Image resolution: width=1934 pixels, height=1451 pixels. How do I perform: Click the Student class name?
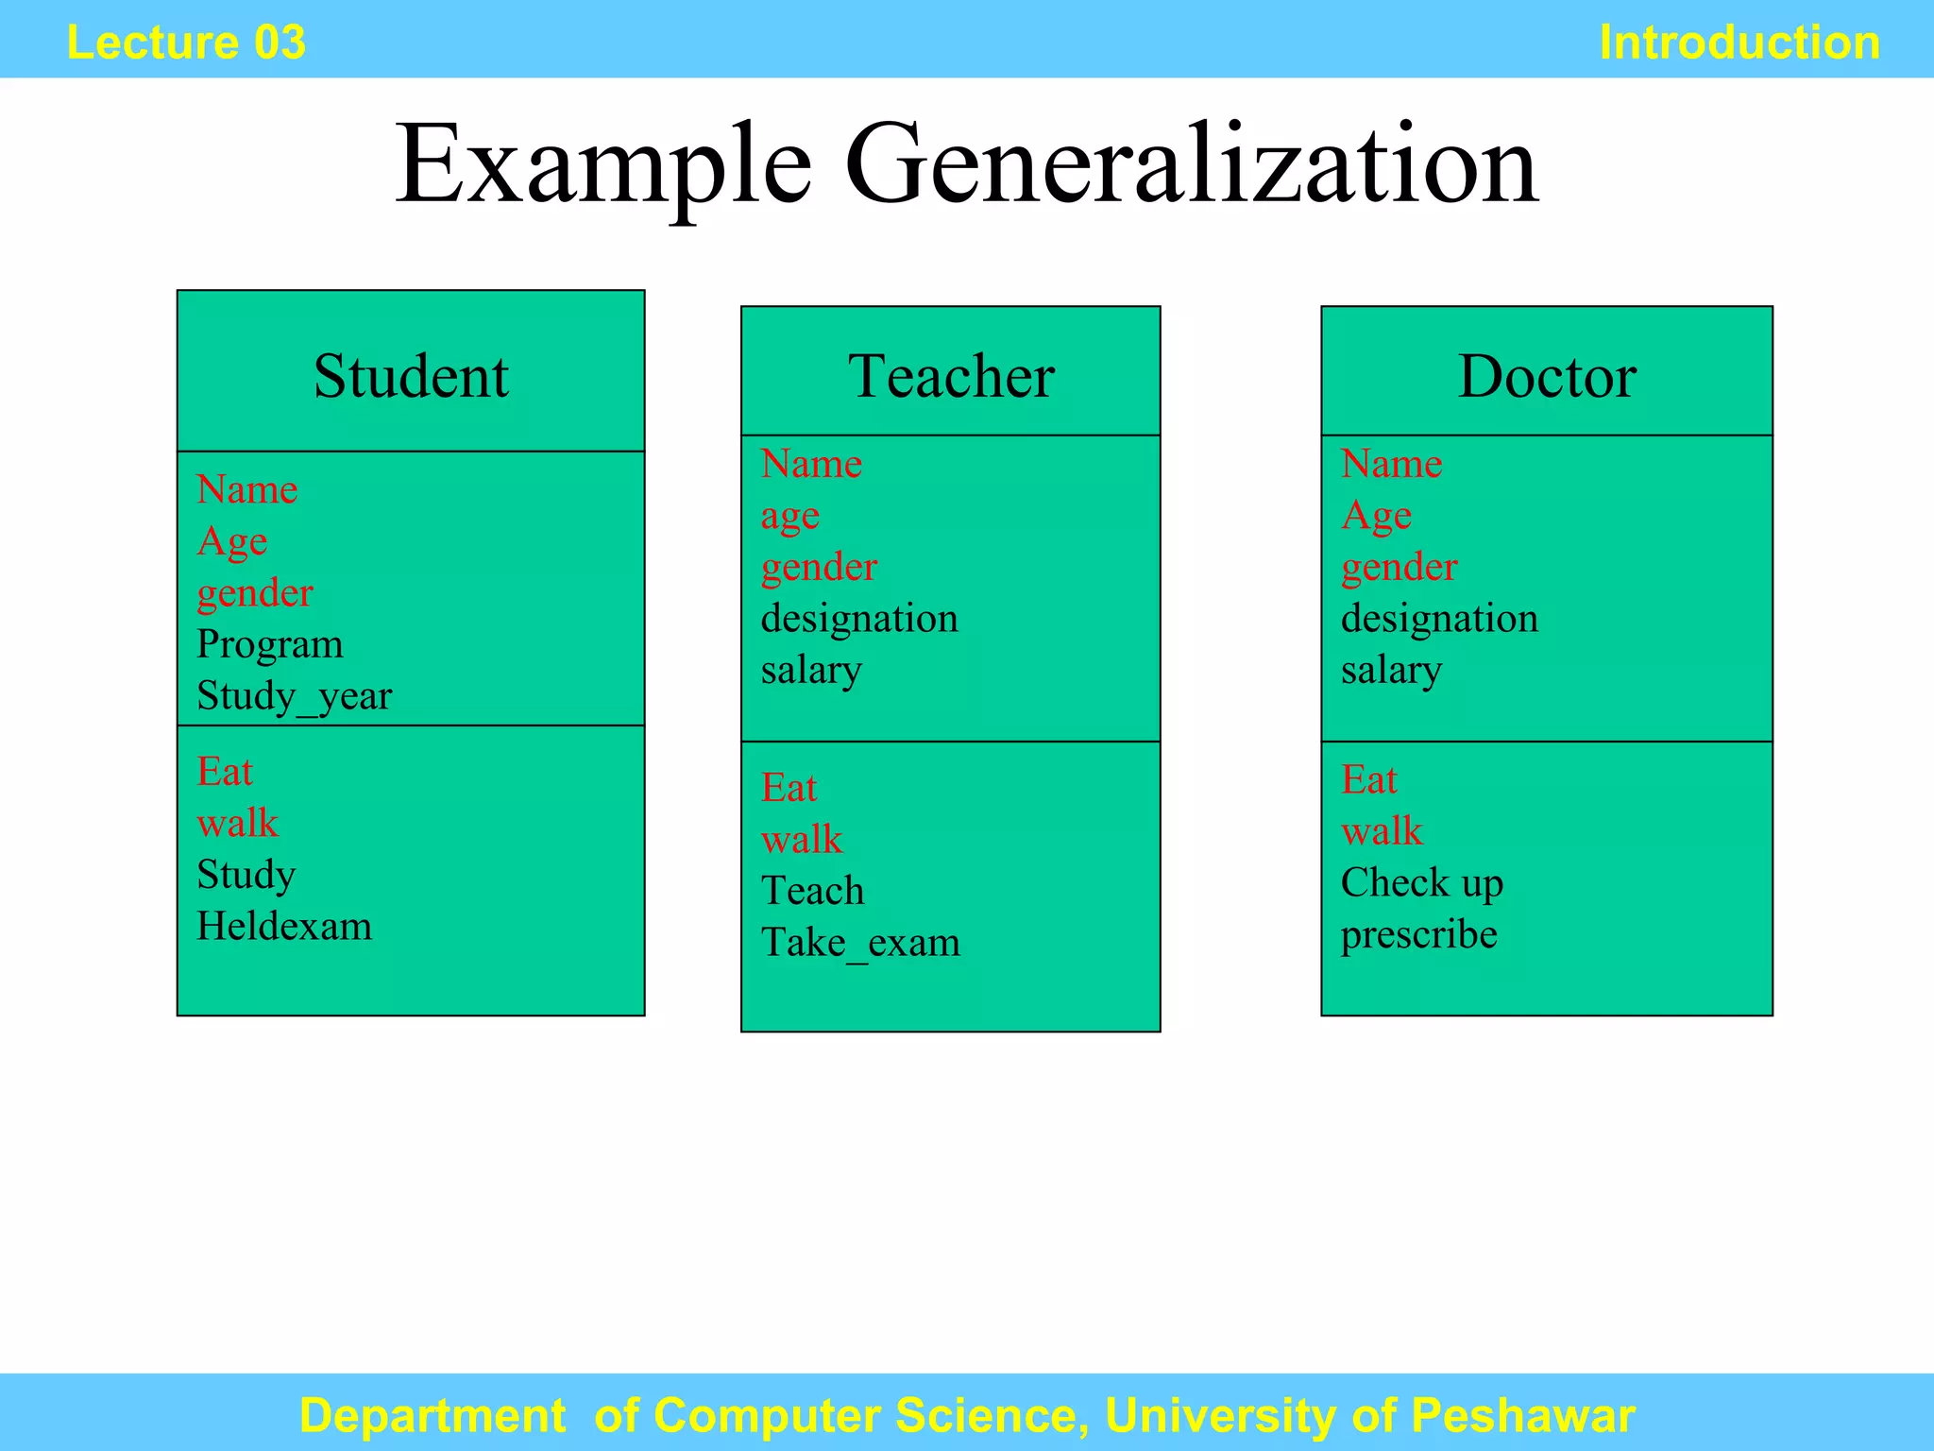click(411, 376)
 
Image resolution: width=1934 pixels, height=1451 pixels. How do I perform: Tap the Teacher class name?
click(951, 376)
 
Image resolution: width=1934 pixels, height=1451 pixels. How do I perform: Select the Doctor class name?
click(1547, 376)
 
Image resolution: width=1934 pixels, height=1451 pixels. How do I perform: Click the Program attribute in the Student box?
click(270, 645)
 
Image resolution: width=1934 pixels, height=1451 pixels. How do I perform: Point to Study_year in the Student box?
click(294, 697)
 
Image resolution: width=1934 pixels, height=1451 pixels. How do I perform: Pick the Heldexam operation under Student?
click(284, 926)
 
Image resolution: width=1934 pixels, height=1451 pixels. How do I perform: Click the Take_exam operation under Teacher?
click(860, 943)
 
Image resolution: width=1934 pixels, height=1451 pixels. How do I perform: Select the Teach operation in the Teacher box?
click(812, 891)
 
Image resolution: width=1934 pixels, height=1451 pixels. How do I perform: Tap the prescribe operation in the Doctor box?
click(1418, 935)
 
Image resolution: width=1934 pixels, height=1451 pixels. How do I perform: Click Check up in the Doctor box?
click(1421, 883)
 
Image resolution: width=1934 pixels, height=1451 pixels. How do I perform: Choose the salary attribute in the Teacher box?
click(811, 671)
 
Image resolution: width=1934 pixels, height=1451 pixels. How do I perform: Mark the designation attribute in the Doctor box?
click(1439, 619)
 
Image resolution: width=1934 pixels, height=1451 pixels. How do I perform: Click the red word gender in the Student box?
click(255, 594)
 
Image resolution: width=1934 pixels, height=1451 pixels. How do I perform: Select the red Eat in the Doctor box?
click(1369, 780)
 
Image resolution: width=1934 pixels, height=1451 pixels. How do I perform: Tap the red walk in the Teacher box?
click(802, 840)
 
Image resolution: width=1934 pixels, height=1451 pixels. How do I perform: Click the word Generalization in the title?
click(1191, 164)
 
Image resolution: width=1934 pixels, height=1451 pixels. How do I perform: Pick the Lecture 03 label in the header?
click(186, 43)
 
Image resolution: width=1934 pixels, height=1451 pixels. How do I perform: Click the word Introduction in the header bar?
click(1739, 43)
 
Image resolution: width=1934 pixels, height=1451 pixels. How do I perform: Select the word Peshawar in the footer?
click(1523, 1415)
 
